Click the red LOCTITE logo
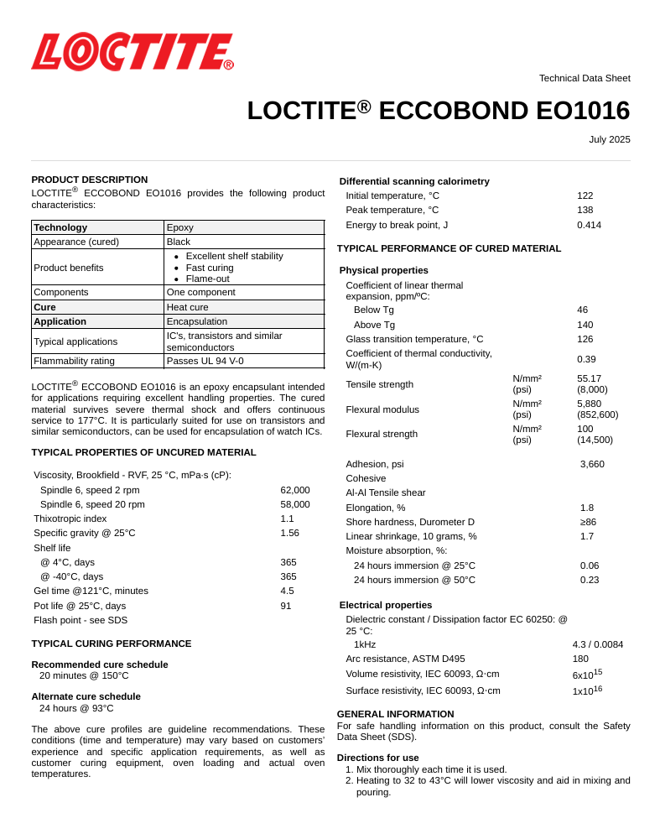tap(132, 52)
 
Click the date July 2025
tap(609, 139)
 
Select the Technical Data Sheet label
tap(585, 78)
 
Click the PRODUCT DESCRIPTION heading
tap(89, 180)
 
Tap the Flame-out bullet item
tap(207, 279)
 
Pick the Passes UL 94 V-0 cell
tap(205, 361)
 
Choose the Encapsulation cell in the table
tap(196, 321)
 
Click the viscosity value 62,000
tap(294, 490)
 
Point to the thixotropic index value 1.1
tap(287, 519)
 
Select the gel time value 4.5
tap(287, 591)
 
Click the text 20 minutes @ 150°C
tap(84, 675)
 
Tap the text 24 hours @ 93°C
tap(76, 708)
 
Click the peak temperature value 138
tap(585, 210)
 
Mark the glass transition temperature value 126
tap(585, 339)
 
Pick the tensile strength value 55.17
tap(589, 378)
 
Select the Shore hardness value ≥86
tap(588, 522)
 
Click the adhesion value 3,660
tap(592, 464)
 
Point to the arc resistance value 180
tap(580, 659)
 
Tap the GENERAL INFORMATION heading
tap(395, 714)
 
